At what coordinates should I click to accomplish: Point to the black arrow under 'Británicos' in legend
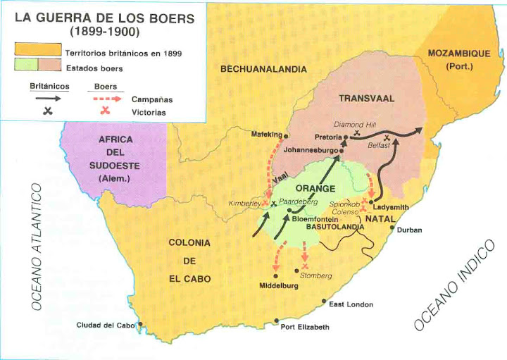44,99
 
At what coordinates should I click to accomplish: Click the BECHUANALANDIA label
263,69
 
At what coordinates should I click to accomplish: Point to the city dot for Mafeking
287,135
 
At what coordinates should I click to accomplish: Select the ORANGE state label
315,189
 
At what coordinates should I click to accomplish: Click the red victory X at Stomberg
304,268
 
